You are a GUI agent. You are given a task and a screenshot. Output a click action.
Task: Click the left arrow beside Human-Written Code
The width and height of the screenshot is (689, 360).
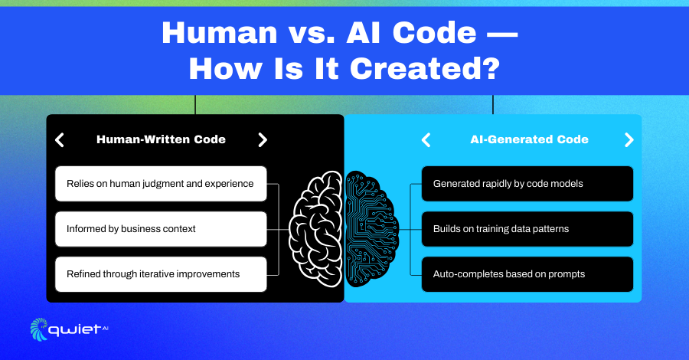[x=60, y=139]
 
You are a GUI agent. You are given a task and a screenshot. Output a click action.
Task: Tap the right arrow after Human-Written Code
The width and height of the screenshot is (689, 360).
[x=263, y=139]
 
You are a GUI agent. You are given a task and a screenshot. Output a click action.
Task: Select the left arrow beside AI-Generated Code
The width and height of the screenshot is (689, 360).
[x=426, y=139]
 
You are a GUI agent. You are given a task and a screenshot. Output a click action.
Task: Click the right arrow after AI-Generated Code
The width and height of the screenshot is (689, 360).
[x=629, y=139]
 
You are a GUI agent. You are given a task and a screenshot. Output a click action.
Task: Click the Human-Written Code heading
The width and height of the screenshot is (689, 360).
[x=161, y=139]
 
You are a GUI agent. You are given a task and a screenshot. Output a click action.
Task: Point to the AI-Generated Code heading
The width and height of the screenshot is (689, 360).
[x=529, y=139]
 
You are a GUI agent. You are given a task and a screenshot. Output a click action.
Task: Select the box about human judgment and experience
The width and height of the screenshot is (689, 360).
[x=161, y=184]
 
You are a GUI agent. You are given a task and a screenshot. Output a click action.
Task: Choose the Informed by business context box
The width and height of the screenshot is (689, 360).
[x=161, y=229]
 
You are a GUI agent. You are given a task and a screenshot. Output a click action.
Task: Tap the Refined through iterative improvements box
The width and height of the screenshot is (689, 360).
[x=161, y=274]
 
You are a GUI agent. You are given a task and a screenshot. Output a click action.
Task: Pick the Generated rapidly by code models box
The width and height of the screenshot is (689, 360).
[x=527, y=184]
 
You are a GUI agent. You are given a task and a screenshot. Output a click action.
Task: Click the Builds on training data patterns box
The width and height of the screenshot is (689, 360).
[x=527, y=229]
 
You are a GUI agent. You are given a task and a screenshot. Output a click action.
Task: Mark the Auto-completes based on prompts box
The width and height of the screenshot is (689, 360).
[x=527, y=274]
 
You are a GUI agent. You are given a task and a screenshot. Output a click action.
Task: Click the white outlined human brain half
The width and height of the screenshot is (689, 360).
[x=315, y=229]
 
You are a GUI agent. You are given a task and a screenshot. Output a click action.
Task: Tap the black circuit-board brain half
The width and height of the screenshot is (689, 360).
[x=371, y=229]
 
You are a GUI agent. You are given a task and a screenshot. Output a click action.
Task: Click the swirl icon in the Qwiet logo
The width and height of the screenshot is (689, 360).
[x=39, y=329]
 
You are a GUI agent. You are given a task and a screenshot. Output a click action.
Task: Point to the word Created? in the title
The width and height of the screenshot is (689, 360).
[x=425, y=69]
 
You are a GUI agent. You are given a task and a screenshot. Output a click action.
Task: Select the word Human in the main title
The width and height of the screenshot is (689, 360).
[x=220, y=33]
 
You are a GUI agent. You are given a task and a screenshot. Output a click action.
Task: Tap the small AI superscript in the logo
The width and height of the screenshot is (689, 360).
[x=105, y=328]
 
